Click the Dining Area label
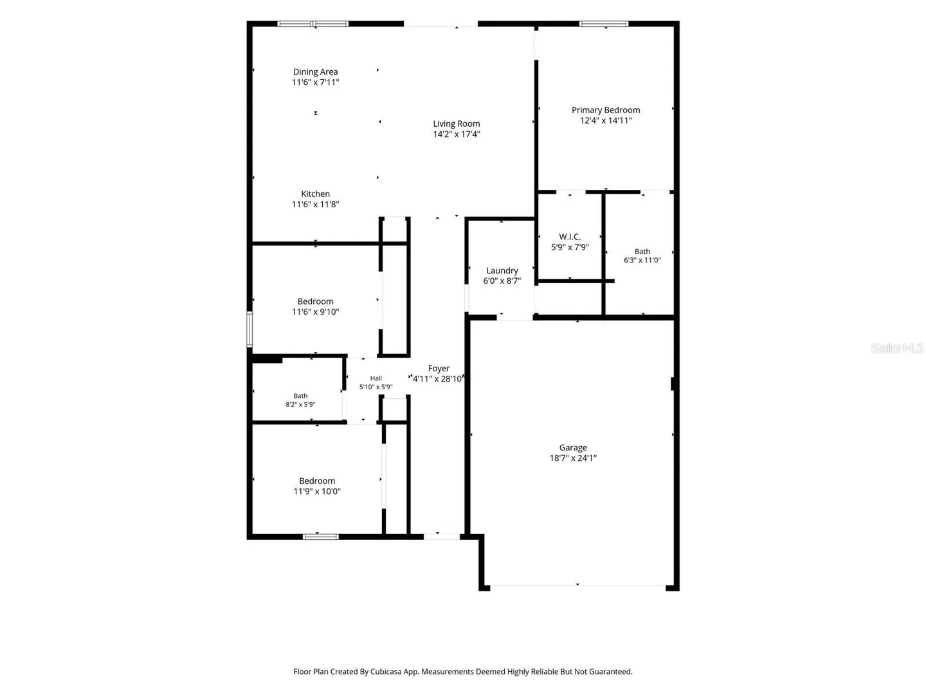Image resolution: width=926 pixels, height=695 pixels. pyautogui.click(x=315, y=71)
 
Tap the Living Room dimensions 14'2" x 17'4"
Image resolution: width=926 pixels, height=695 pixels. pyautogui.click(x=456, y=134)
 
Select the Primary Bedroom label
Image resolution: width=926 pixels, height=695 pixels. pyautogui.click(x=605, y=110)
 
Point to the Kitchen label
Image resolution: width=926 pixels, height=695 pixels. pyautogui.click(x=315, y=194)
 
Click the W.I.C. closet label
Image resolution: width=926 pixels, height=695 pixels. pyautogui.click(x=570, y=237)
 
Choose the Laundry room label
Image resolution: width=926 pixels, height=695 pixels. pyautogui.click(x=502, y=271)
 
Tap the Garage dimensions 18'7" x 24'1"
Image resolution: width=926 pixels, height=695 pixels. pyautogui.click(x=573, y=458)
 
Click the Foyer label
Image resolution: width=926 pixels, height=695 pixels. pyautogui.click(x=439, y=368)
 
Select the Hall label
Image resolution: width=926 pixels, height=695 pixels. pyautogui.click(x=376, y=378)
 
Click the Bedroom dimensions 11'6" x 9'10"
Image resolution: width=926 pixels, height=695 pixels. pyautogui.click(x=315, y=312)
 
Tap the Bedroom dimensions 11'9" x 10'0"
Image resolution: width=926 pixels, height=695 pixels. pyautogui.click(x=317, y=491)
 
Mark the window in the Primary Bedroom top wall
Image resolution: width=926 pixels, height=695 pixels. pyautogui.click(x=604, y=24)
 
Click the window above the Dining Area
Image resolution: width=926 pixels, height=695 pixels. pyautogui.click(x=313, y=24)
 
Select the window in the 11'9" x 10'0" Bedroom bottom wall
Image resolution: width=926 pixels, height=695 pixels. pyautogui.click(x=321, y=537)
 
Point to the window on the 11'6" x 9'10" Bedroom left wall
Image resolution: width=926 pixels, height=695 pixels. pyautogui.click(x=250, y=329)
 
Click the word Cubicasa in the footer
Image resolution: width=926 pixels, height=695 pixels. pyautogui.click(x=386, y=671)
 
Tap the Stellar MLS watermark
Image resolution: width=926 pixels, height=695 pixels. pyautogui.click(x=897, y=347)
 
